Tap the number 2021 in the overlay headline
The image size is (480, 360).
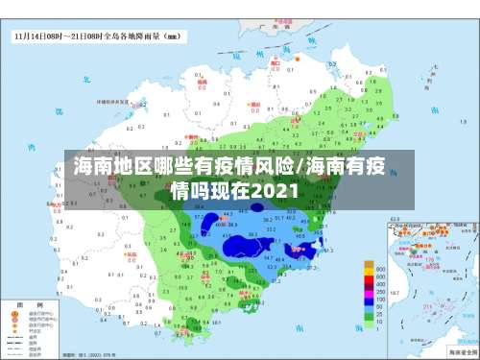(273, 190)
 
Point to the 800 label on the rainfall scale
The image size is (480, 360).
(381, 269)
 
